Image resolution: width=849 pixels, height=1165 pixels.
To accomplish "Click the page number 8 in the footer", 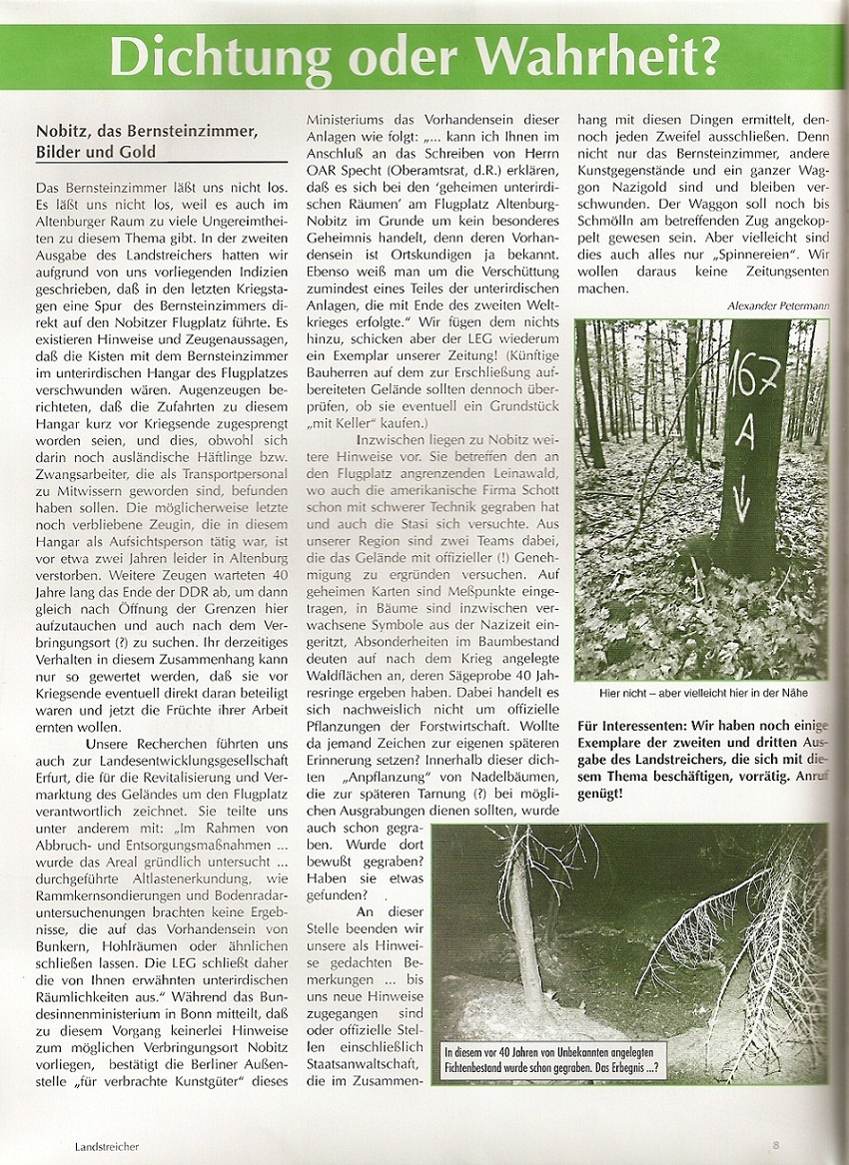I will tap(775, 1146).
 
